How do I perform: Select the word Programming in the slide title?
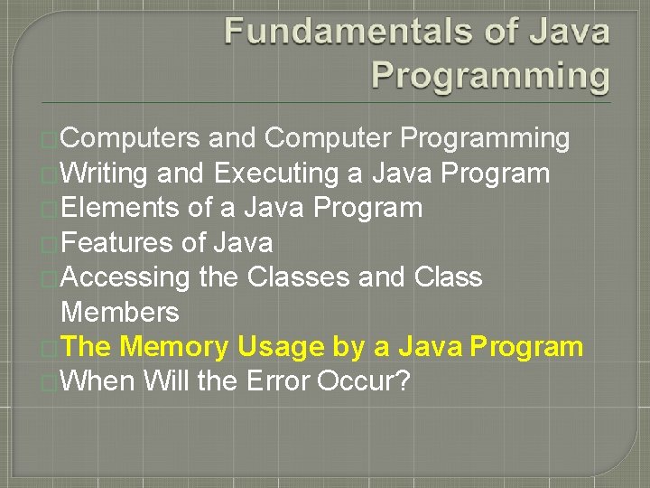(x=491, y=75)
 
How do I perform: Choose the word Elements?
(x=119, y=208)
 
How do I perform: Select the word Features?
(x=117, y=242)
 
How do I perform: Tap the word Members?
(x=119, y=312)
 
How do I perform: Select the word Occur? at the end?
(x=364, y=381)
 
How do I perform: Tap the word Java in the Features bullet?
(x=243, y=242)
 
